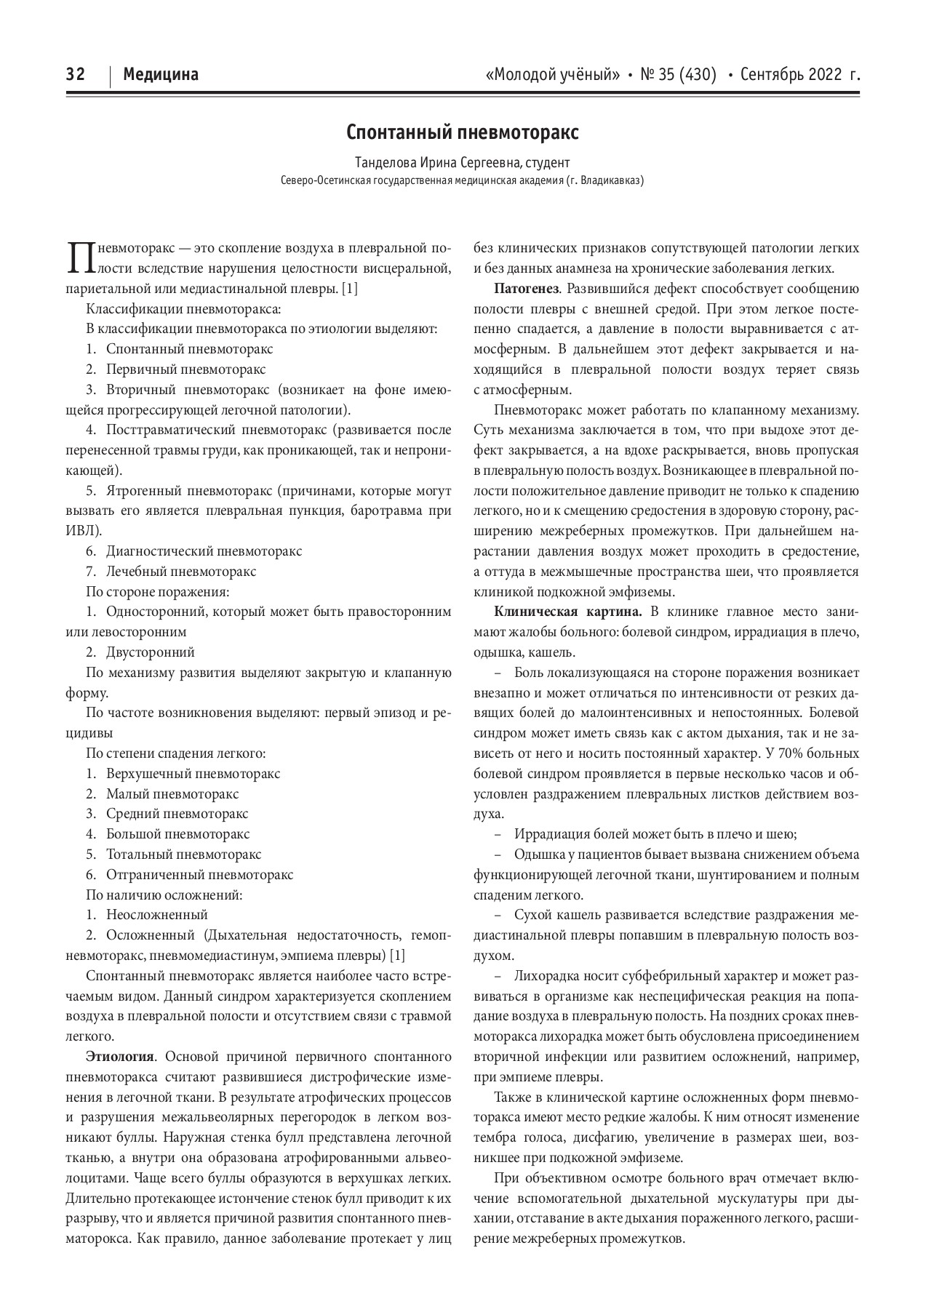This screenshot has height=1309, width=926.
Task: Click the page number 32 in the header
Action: point(76,74)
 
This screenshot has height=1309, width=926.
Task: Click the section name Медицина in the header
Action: point(161,74)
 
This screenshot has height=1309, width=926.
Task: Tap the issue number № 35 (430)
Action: point(678,74)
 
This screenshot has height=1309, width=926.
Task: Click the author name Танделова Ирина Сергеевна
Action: point(432,162)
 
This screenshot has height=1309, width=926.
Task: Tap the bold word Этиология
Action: point(119,1056)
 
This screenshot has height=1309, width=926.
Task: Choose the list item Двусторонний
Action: point(151,652)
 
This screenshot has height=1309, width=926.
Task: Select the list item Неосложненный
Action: point(157,915)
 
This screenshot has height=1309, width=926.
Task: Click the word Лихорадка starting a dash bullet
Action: point(541,975)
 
